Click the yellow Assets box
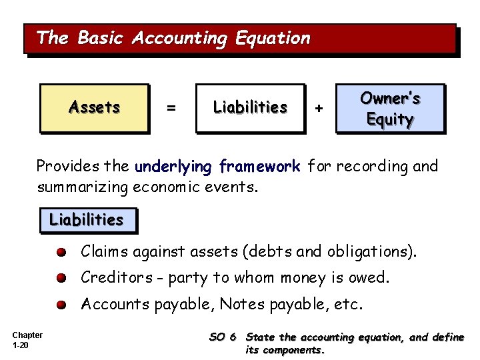[x=94, y=107]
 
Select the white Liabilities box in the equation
[x=250, y=107]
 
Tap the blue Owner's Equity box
[x=390, y=109]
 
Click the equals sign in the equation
[x=171, y=108]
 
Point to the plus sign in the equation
[x=319, y=108]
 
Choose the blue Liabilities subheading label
[x=87, y=219]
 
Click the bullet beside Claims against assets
[x=61, y=253]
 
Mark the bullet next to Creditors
[x=61, y=279]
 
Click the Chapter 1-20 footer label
[x=27, y=339]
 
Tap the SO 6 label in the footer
[x=223, y=337]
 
